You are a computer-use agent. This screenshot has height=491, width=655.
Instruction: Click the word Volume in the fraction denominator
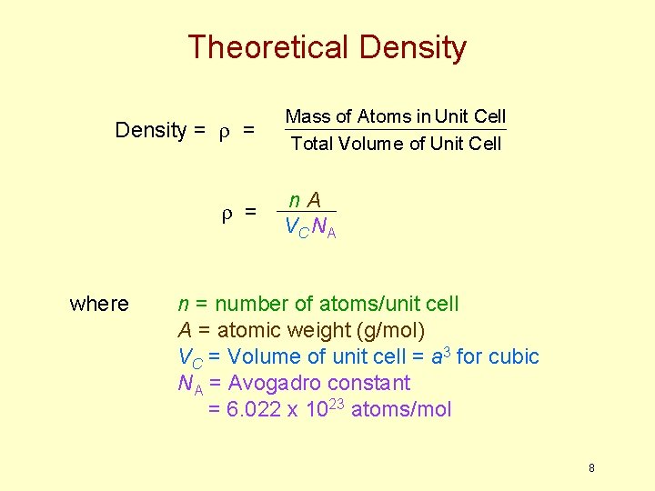(x=369, y=144)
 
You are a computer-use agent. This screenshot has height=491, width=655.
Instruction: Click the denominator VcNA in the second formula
(x=309, y=227)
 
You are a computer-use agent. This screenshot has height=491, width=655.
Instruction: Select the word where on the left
(x=99, y=304)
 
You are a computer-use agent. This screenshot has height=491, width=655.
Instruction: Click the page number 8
(x=591, y=468)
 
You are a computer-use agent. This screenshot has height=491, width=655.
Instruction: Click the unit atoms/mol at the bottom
(x=400, y=409)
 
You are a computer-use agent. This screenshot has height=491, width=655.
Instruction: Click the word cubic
(x=513, y=356)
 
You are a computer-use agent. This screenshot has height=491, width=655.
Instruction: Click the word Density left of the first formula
(x=151, y=130)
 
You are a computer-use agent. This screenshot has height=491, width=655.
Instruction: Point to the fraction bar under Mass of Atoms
(x=395, y=129)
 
